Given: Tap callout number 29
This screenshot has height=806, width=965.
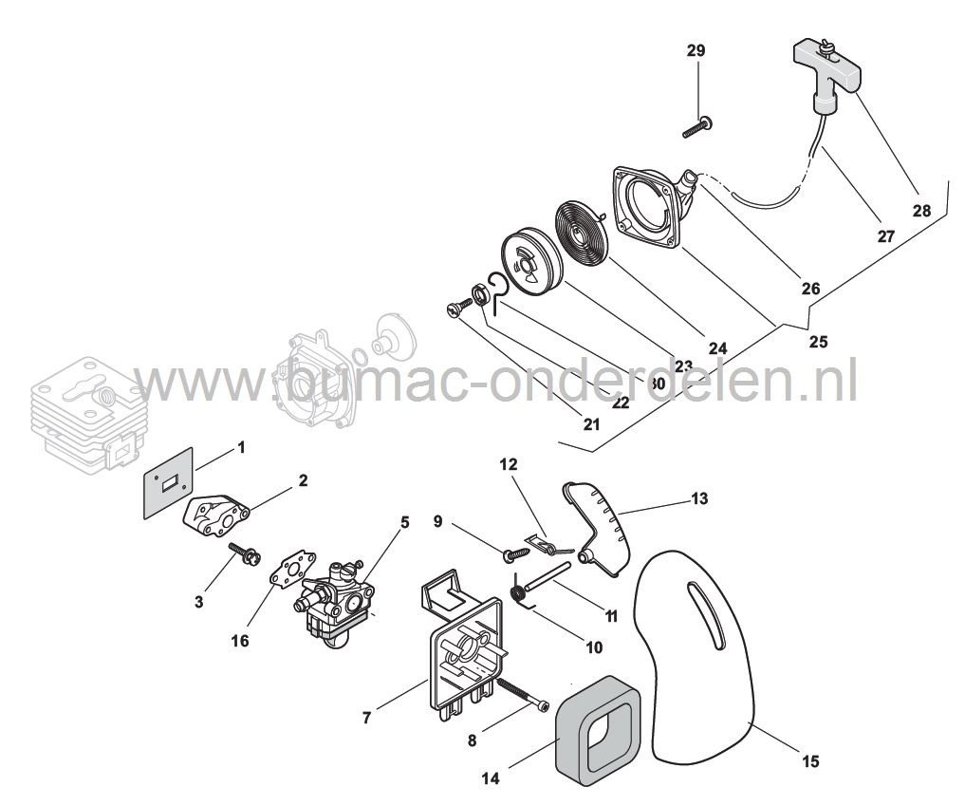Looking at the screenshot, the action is pos(696,50).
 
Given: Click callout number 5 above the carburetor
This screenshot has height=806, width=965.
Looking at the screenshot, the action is pos(404,522).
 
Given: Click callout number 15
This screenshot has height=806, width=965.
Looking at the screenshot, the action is pos(810,761).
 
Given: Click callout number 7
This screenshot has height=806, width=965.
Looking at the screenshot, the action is pos(367,718).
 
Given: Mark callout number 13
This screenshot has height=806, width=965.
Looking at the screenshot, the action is pos(699,497).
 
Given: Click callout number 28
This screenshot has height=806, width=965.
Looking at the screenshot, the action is pos(921,211).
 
